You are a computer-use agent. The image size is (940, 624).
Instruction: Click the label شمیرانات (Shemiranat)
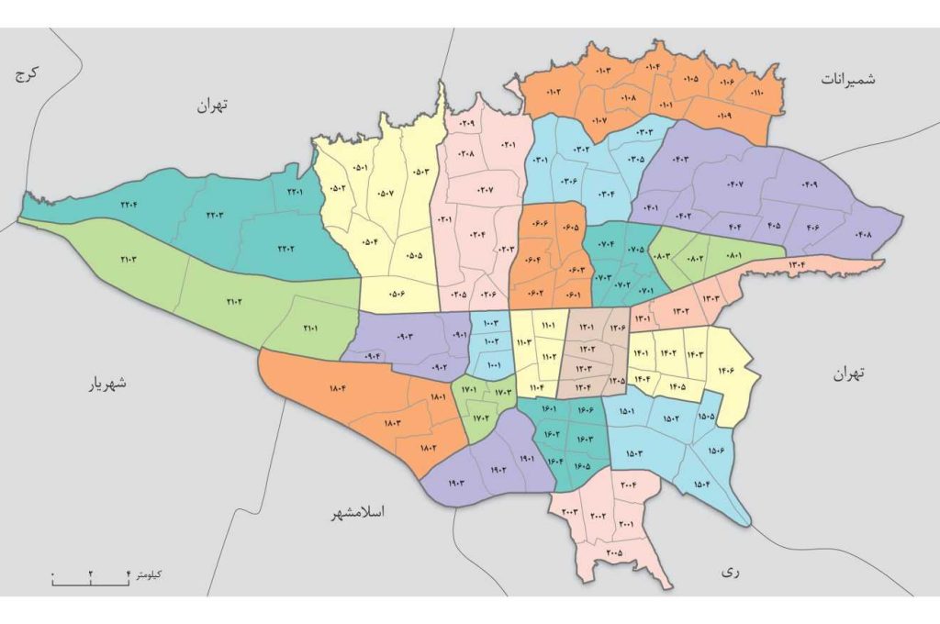pyautogui.click(x=848, y=80)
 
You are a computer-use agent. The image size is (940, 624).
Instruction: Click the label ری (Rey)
pyautogui.click(x=731, y=571)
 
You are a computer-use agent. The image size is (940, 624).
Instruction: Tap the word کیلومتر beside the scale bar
pyautogui.click(x=148, y=574)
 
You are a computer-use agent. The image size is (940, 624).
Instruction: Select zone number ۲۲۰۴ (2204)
pyautogui.click(x=129, y=205)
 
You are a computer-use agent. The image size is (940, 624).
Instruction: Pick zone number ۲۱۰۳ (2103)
pyautogui.click(x=129, y=260)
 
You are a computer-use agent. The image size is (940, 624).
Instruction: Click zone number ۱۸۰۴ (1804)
pyautogui.click(x=337, y=390)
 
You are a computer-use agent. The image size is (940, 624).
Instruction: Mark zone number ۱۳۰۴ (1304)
pyautogui.click(x=797, y=266)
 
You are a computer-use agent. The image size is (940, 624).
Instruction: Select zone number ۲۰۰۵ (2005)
pyautogui.click(x=614, y=553)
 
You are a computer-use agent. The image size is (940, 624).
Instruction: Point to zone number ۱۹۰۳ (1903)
pyautogui.click(x=457, y=484)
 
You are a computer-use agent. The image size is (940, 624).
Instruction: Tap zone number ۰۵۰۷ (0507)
pyautogui.click(x=385, y=193)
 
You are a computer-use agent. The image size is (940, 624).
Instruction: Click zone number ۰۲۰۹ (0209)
pyautogui.click(x=467, y=124)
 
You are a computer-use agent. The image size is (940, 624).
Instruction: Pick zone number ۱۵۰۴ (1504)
pyautogui.click(x=701, y=484)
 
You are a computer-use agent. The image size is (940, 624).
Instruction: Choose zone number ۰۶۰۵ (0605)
pyautogui.click(x=569, y=228)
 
